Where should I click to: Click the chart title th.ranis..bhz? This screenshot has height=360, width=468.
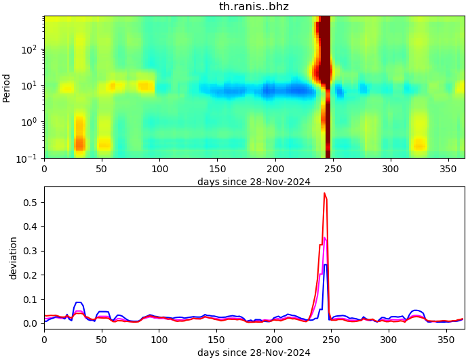point(254,7)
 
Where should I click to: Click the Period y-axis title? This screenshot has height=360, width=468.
point(7,87)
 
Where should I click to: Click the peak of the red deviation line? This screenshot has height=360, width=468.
point(325,194)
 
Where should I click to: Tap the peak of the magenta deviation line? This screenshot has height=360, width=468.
point(325,238)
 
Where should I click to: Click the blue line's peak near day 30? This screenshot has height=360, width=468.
point(79,302)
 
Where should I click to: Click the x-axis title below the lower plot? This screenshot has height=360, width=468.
point(254,353)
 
